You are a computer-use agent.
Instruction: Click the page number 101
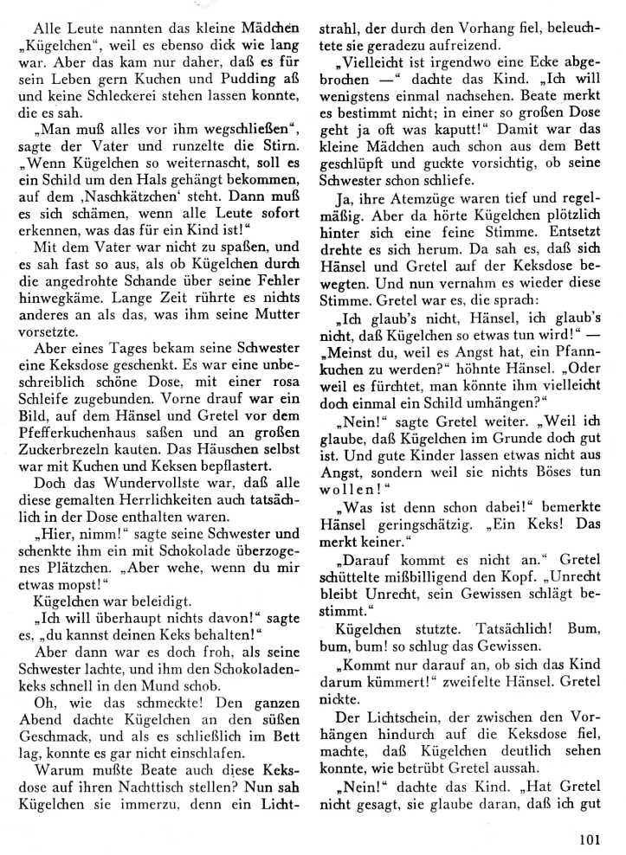point(588,836)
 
